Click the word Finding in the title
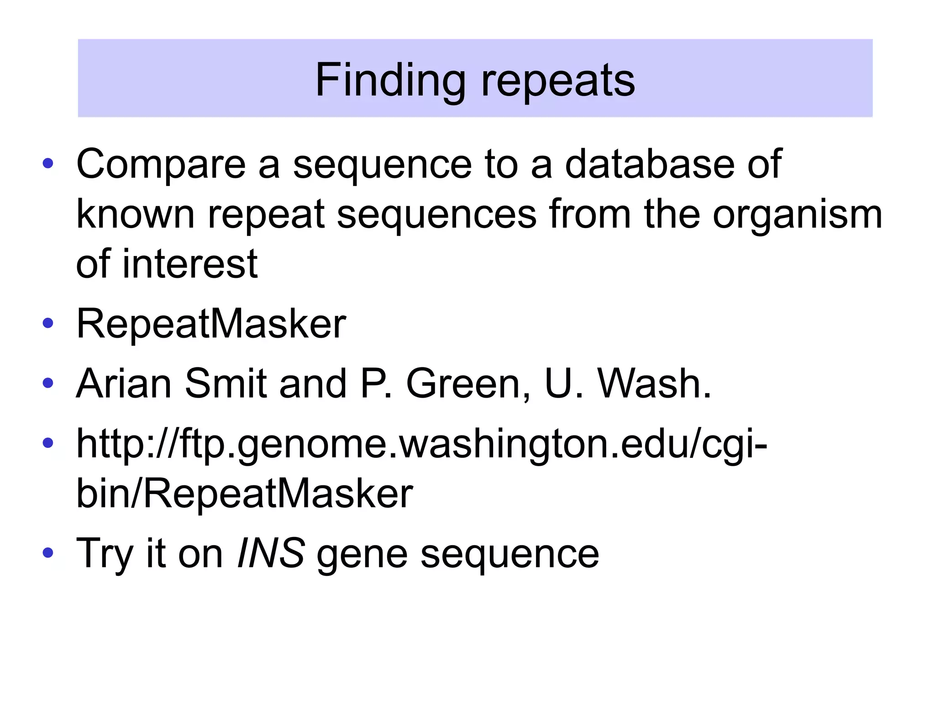[390, 80]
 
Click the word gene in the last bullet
[362, 555]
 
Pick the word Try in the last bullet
[105, 554]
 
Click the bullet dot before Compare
[48, 163]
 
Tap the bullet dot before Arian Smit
[48, 383]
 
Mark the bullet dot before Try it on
[48, 553]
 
